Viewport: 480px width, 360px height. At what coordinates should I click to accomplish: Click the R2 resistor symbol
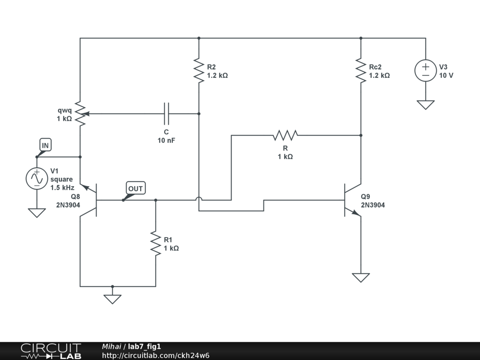pyautogui.click(x=199, y=70)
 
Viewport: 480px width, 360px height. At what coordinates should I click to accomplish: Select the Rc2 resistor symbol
pyautogui.click(x=361, y=70)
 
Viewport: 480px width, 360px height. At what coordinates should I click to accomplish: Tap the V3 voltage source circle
pyautogui.click(x=426, y=70)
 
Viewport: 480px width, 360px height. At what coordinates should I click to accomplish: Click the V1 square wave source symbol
pyautogui.click(x=37, y=179)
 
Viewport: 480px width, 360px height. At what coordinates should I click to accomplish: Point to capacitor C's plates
pyautogui.click(x=166, y=113)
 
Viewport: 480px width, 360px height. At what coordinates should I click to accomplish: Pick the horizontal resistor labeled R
pyautogui.click(x=285, y=135)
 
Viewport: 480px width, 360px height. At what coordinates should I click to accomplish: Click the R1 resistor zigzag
pyautogui.click(x=156, y=243)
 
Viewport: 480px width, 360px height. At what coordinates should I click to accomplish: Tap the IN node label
pyautogui.click(x=45, y=145)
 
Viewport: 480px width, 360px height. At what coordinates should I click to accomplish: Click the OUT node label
pyautogui.click(x=135, y=188)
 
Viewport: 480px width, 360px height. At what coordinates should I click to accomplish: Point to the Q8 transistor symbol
pyautogui.click(x=89, y=200)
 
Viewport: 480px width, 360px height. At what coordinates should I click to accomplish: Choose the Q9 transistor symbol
pyautogui.click(x=352, y=200)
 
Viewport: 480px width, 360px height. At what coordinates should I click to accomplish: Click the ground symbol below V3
pyautogui.click(x=426, y=105)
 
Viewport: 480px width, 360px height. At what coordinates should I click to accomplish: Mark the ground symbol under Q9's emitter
pyautogui.click(x=361, y=277)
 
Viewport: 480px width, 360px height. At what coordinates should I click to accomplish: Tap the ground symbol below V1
pyautogui.click(x=37, y=213)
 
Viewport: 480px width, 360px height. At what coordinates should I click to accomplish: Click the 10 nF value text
pyautogui.click(x=166, y=141)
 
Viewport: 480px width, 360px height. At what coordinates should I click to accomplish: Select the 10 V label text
pyautogui.click(x=446, y=75)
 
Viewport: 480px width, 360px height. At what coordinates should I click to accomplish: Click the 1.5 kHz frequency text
pyautogui.click(x=62, y=187)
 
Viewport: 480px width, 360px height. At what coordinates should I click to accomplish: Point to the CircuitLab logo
pyautogui.click(x=51, y=351)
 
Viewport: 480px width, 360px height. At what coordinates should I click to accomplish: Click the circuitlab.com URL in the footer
pyautogui.click(x=156, y=355)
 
